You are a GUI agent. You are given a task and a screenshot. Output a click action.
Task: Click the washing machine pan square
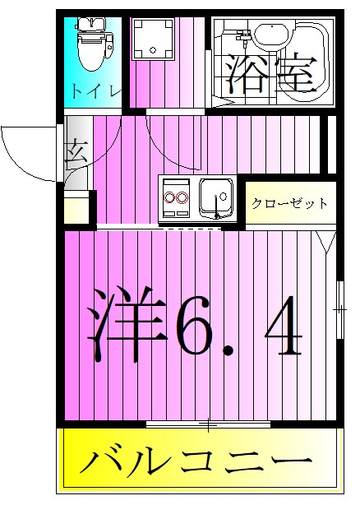tap(154, 39)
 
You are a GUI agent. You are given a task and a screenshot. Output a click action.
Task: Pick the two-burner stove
tap(176, 197)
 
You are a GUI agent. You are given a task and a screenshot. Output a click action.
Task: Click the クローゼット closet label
tap(289, 203)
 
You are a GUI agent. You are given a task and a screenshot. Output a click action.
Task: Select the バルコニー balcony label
tap(197, 463)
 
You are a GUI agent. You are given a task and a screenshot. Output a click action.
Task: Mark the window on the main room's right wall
tap(339, 309)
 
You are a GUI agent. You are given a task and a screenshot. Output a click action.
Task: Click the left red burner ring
tap(170, 198)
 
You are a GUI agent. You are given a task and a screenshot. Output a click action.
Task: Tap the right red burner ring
tap(183, 198)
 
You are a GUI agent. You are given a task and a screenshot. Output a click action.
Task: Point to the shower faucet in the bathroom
tap(243, 36)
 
